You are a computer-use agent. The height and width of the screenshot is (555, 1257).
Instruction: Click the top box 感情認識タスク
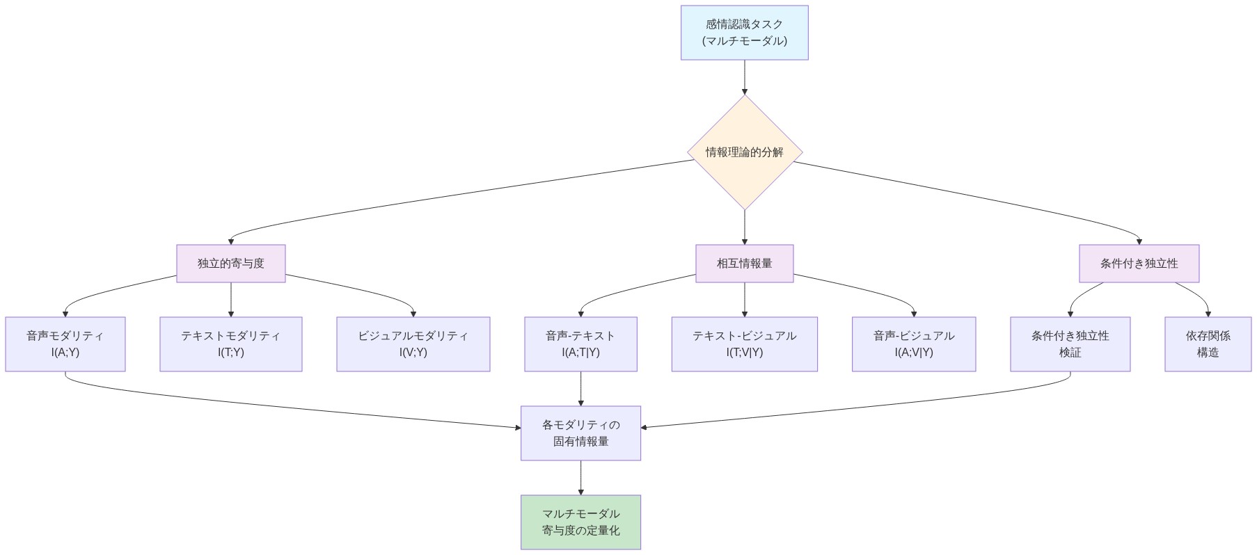click(744, 33)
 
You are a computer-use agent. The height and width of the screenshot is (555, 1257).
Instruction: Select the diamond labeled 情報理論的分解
click(744, 152)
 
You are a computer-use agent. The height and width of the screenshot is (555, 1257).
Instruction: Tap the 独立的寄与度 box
click(230, 264)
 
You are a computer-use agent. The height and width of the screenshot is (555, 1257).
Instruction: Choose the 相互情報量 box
click(744, 264)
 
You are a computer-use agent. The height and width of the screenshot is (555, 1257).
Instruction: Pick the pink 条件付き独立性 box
click(1139, 264)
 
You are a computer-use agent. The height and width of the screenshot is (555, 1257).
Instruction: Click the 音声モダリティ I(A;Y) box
click(65, 344)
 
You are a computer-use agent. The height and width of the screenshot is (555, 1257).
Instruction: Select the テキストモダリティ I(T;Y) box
click(230, 344)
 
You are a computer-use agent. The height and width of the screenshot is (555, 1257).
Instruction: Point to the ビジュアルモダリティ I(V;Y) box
click(413, 344)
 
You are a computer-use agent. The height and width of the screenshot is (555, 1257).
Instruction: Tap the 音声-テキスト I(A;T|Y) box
click(580, 344)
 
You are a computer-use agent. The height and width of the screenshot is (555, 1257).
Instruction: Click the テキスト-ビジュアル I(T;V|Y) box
click(744, 344)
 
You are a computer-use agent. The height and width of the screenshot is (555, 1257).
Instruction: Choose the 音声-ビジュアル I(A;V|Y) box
click(913, 344)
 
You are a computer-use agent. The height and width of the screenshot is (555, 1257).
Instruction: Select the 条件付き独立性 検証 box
click(1070, 344)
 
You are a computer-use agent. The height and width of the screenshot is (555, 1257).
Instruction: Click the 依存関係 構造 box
click(1208, 344)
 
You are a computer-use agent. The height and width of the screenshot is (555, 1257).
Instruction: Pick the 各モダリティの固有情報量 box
click(580, 433)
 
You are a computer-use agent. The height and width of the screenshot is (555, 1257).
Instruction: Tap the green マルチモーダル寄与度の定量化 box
click(580, 522)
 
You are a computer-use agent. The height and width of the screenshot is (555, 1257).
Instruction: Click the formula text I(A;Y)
click(65, 353)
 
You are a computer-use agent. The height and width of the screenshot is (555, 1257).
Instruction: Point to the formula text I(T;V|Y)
click(744, 353)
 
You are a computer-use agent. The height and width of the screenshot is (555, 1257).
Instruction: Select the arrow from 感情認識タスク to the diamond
click(744, 77)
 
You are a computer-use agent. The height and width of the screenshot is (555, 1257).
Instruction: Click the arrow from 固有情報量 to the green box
click(580, 477)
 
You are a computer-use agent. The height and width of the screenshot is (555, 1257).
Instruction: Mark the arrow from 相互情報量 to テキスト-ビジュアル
click(744, 299)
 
